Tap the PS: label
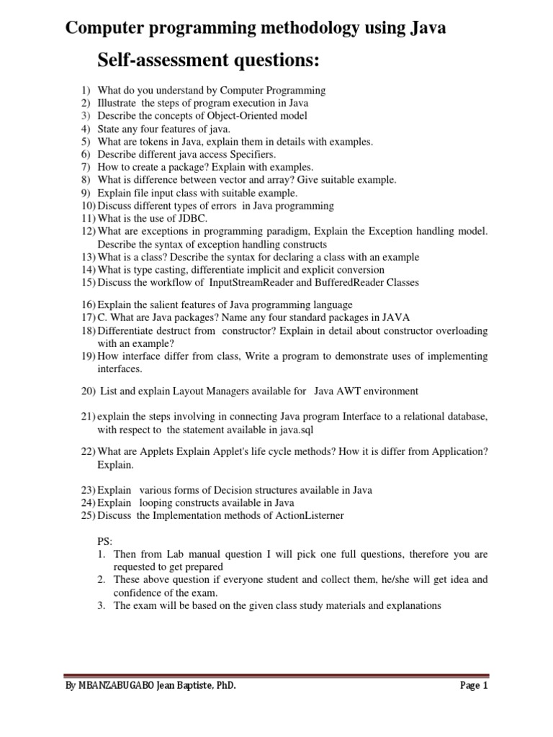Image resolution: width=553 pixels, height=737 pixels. click(x=105, y=541)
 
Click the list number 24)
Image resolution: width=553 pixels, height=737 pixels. click(x=87, y=503)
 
